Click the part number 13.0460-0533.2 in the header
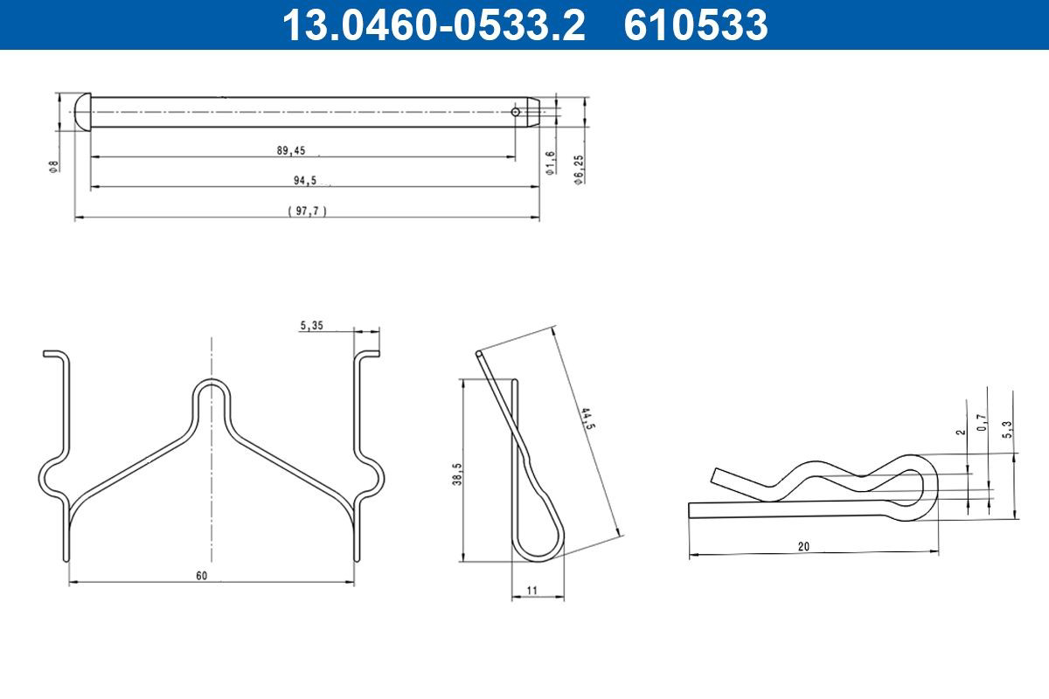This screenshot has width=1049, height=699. tap(434, 25)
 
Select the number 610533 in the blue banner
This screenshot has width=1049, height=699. tap(696, 25)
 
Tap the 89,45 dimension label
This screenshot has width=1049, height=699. tap(291, 150)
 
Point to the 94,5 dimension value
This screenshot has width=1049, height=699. tap(305, 180)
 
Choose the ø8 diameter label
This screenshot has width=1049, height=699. tap(54, 167)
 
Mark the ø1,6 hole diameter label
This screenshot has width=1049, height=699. tap(550, 163)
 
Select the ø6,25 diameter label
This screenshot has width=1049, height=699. tap(580, 170)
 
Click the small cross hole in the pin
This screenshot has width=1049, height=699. tap(515, 112)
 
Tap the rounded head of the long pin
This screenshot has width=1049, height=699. tap(83, 113)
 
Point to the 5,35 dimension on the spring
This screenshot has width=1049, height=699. tap(311, 325)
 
